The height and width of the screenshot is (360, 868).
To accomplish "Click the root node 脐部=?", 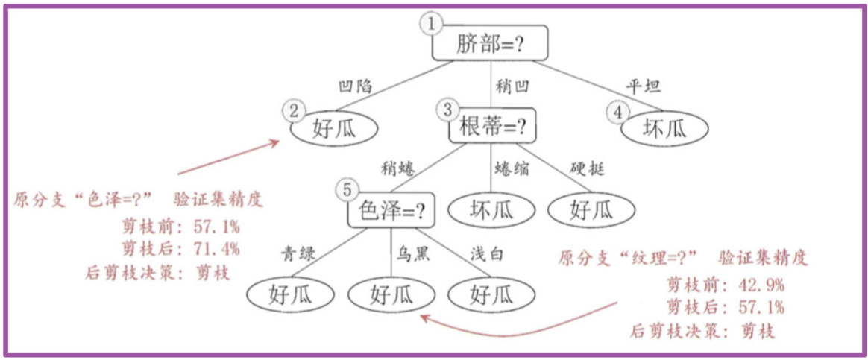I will (491, 45).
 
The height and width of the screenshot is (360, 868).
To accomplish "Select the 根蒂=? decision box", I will (492, 128).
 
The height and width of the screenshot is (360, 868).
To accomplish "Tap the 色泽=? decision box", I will (391, 212).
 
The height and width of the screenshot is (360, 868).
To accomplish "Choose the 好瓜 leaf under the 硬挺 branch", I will (591, 211).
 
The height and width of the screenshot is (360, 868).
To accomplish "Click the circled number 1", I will (431, 24).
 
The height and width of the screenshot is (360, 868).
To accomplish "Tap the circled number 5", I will (345, 191).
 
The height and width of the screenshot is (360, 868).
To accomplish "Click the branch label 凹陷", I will (355, 86).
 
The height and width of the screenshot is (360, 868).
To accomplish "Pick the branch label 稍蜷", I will (397, 169).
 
